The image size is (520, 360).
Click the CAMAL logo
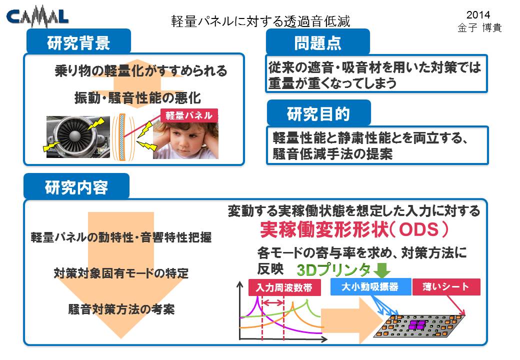click(x=37, y=16)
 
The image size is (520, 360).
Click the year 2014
click(x=478, y=14)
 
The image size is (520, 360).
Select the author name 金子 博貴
click(x=479, y=27)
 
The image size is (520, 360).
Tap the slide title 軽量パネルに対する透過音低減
click(x=260, y=21)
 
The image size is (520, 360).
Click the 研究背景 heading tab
click(x=78, y=41)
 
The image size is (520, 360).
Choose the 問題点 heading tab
click(x=317, y=42)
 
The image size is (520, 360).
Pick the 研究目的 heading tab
click(x=318, y=113)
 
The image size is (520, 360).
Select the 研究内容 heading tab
click(x=76, y=186)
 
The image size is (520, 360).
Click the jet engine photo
click(x=78, y=137)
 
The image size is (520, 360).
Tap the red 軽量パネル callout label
click(x=189, y=115)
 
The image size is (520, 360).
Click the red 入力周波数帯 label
click(x=284, y=287)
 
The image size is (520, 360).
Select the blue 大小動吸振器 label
click(x=370, y=286)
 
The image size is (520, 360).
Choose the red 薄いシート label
click(x=446, y=286)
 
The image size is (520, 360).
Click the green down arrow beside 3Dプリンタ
click(x=381, y=270)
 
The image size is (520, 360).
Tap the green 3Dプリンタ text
click(x=334, y=270)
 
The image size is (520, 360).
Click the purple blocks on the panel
click(x=417, y=324)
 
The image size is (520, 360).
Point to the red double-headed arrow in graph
click(x=273, y=302)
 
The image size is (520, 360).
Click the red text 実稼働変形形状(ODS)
click(x=354, y=229)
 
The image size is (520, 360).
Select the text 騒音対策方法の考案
click(x=121, y=309)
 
